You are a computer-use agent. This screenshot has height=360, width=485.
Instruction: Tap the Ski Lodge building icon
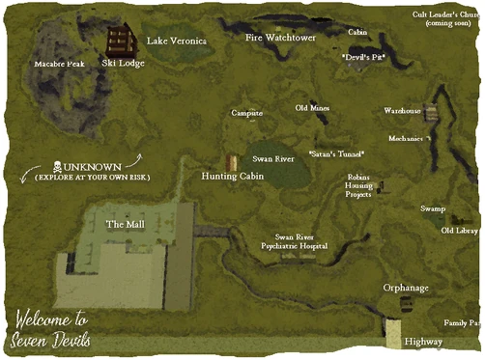119,42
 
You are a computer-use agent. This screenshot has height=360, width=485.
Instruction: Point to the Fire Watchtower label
280,39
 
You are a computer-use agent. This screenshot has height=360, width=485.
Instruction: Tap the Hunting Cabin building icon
231,162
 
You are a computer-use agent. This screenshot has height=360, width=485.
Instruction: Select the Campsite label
247,113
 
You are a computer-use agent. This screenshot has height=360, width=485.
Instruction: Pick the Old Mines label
312,108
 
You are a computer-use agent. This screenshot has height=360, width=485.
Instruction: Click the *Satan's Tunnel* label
336,153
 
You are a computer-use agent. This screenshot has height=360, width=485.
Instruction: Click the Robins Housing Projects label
358,185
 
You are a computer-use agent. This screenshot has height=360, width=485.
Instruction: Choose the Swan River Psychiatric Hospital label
287,241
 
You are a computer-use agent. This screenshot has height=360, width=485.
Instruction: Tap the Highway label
424,342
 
